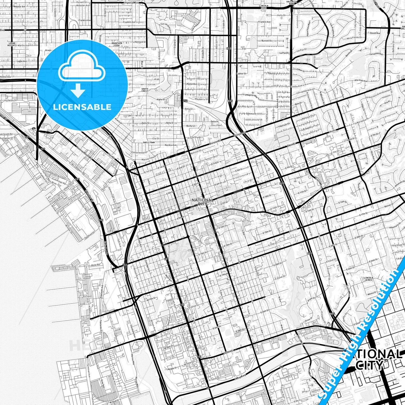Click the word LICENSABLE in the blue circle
(x=82, y=107)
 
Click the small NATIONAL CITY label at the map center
(x=203, y=202)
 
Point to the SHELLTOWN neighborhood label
(x=149, y=142)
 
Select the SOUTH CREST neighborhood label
(x=145, y=90)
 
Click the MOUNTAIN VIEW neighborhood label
(x=117, y=45)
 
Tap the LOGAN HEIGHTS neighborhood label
(x=12, y=44)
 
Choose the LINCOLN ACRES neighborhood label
(x=368, y=279)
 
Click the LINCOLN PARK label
(x=264, y=7)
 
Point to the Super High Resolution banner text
(x=362, y=331)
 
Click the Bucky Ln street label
(x=191, y=126)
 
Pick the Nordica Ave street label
(x=171, y=145)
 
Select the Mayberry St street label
(x=202, y=99)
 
